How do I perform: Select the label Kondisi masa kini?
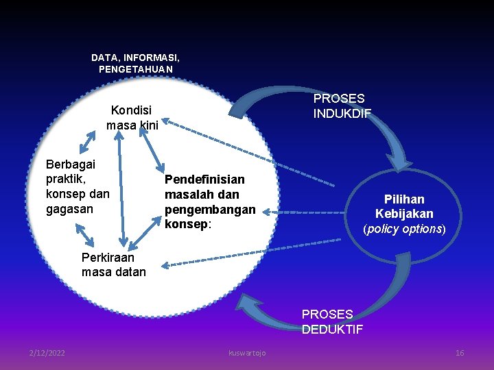coord(132,117)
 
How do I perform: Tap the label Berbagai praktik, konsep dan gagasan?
coord(77,186)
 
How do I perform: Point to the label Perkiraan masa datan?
coord(113,264)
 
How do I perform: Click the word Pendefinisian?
coord(204,180)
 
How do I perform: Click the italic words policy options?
coord(404,229)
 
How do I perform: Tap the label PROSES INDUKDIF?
coord(342,106)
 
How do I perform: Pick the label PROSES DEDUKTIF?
coord(332,321)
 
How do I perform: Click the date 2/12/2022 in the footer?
coord(47,352)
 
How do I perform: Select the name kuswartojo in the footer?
coord(247,352)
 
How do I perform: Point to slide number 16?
coord(460,352)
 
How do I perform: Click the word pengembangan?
coord(209,209)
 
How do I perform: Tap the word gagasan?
coord(69,209)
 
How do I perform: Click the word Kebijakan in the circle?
coord(404,214)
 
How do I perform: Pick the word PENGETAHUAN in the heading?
coord(135,70)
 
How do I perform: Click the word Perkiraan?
coord(108,258)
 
